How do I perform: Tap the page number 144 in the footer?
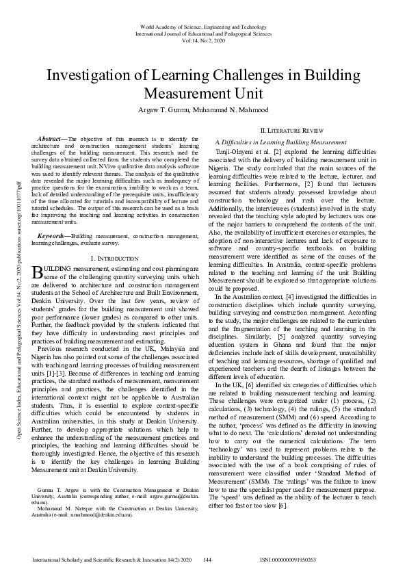tap(207, 560)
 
